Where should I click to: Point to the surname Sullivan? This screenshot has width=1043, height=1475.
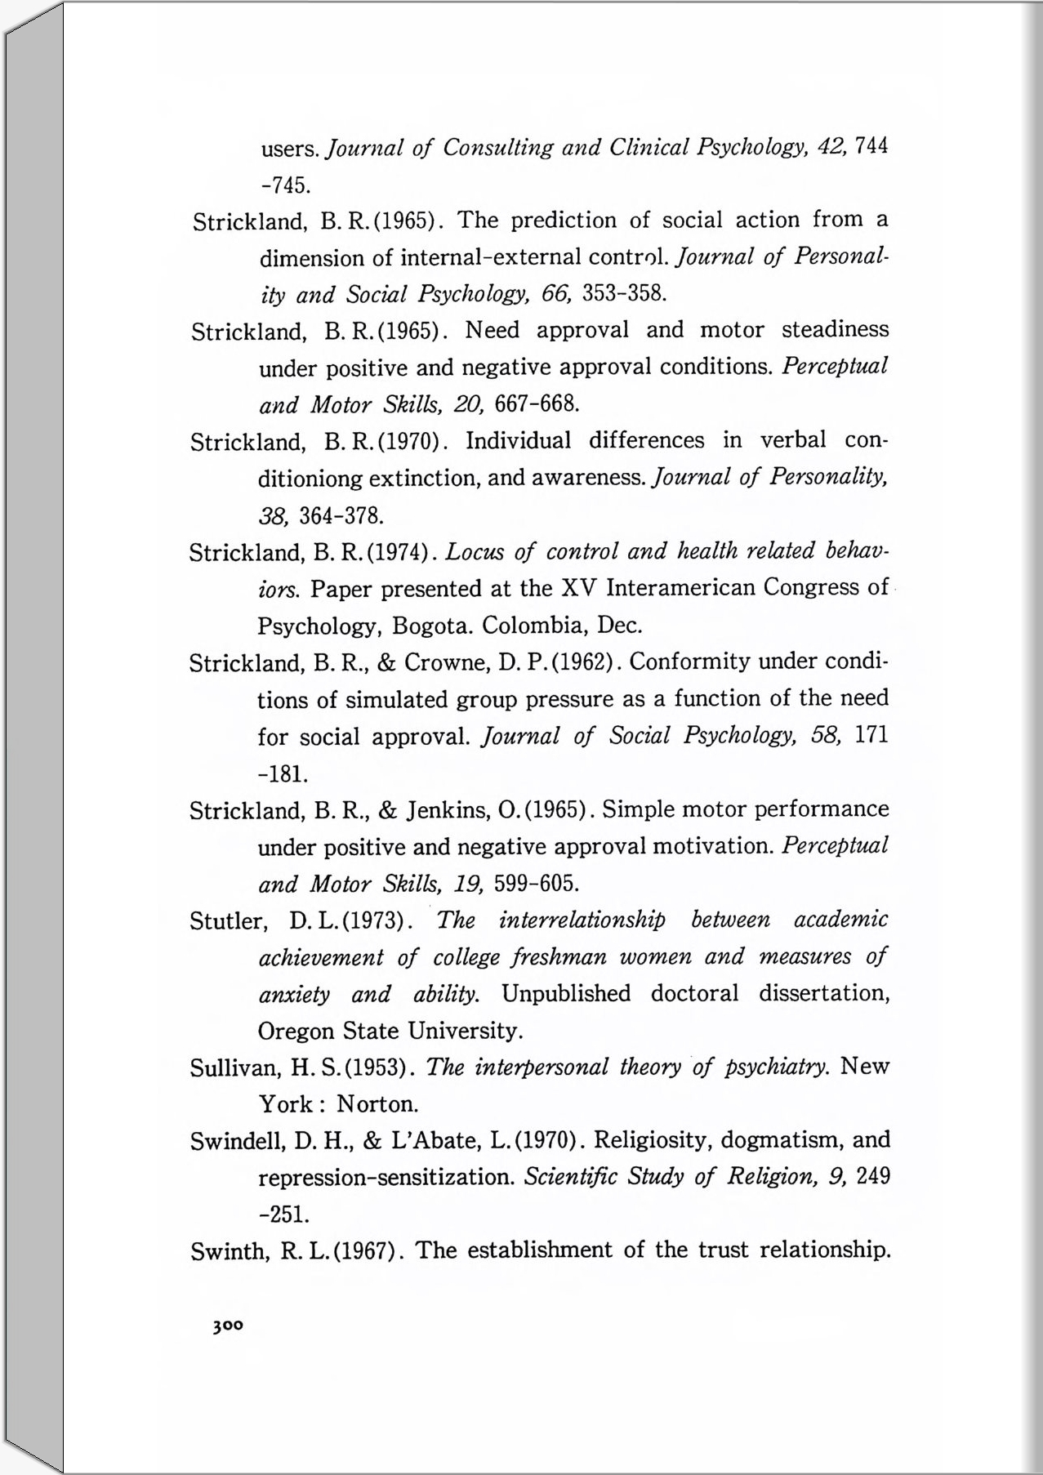[x=230, y=1068]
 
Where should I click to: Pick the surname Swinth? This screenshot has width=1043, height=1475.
[x=227, y=1251]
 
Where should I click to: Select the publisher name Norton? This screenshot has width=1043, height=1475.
[x=377, y=1104]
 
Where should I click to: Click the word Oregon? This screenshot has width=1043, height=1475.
[x=296, y=1031]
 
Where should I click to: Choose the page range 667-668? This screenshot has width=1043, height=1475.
[x=537, y=403]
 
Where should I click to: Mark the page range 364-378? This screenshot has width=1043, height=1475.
[x=341, y=516]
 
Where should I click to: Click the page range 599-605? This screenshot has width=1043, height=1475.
[x=537, y=884]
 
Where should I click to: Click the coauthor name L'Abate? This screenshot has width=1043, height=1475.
[x=435, y=1141]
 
